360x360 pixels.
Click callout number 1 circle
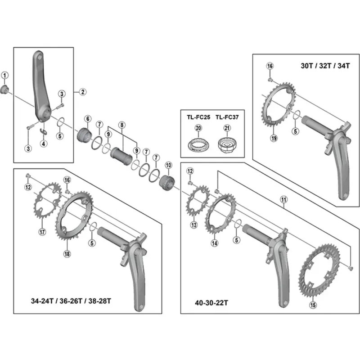[x=5, y=75]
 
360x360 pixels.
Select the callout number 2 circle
[x=82, y=92]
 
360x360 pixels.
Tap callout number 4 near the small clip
[x=43, y=144]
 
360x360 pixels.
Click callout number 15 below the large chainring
[x=313, y=305]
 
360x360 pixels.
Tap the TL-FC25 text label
[x=198, y=117]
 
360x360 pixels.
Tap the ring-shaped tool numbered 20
[x=198, y=145]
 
